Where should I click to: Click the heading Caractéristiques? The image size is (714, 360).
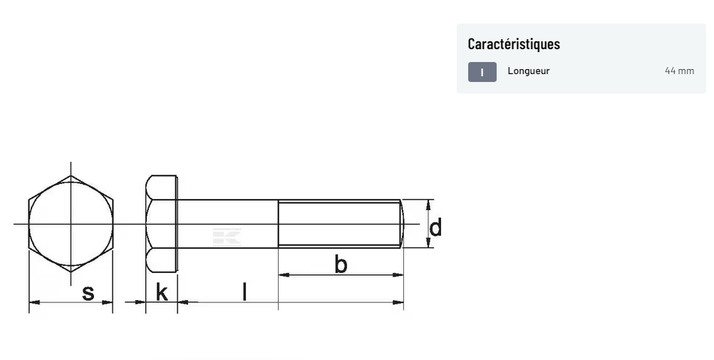coord(514,43)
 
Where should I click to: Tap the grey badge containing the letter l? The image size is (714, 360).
coord(482,72)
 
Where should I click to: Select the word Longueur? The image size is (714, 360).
coord(529,71)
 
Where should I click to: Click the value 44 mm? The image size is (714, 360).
coord(679,71)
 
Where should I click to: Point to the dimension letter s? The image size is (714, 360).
coord(88,293)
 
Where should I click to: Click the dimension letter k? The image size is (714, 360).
coord(162,292)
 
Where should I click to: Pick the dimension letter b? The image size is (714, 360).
coord(341,264)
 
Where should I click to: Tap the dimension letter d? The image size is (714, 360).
coord(435,227)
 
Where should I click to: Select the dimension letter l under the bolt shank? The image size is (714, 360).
coord(244,292)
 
